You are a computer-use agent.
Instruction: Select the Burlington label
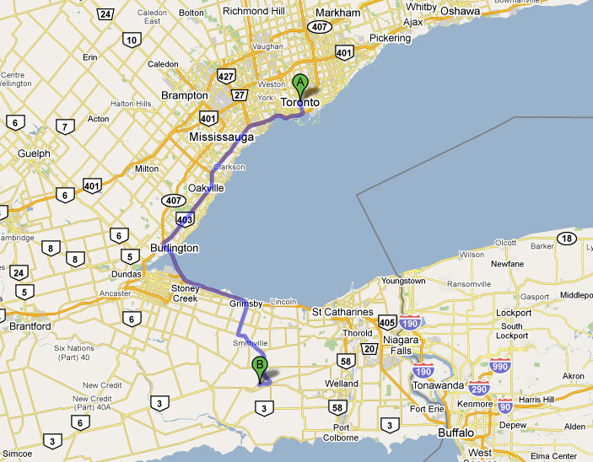(174, 249)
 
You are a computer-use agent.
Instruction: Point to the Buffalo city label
(456, 433)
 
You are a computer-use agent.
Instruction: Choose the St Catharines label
(342, 313)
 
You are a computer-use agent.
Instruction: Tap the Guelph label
(34, 154)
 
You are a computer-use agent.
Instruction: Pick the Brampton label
(185, 96)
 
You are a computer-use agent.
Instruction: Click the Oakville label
(207, 189)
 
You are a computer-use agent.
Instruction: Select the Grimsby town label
(246, 303)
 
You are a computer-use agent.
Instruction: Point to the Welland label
(342, 384)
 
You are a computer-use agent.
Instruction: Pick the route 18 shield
(568, 239)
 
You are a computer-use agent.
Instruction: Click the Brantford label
(30, 326)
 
